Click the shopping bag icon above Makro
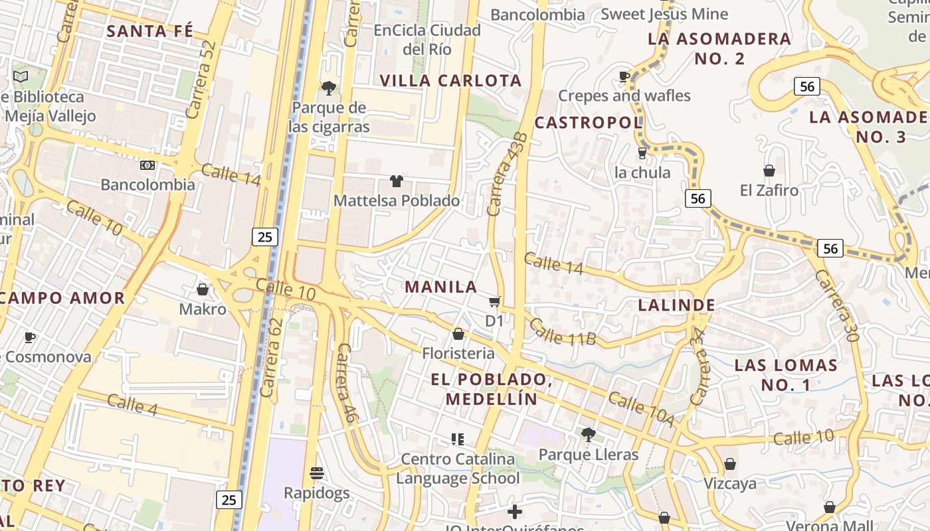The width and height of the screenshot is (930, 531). [x=203, y=289]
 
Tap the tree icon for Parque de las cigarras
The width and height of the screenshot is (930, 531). [x=328, y=88]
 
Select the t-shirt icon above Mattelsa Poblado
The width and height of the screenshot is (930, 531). [x=397, y=181]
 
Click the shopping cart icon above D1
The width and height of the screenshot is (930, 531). [x=494, y=303]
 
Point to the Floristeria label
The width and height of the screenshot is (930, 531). [x=458, y=353]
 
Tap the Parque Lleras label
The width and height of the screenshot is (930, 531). [x=588, y=455]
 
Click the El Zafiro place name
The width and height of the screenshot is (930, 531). [x=769, y=190]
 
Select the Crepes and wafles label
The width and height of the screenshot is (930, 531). [x=624, y=96]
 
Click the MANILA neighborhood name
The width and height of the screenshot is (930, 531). [x=441, y=287]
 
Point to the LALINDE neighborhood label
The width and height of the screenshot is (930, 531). [x=676, y=305]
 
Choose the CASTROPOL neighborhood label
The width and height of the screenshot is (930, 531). [x=589, y=122]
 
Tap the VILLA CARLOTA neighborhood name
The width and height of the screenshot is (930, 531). [x=451, y=81]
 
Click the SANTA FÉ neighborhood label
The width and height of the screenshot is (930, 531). [x=150, y=31]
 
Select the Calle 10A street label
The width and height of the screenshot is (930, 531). [x=640, y=410]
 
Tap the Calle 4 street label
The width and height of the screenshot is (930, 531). [x=132, y=405]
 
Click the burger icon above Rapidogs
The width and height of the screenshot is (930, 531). [x=317, y=473]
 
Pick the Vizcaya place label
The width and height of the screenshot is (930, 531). [x=729, y=483]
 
